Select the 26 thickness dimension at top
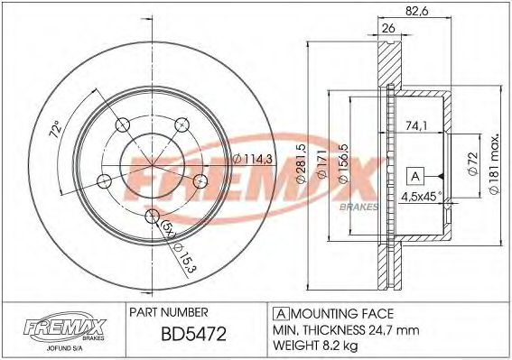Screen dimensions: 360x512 coord(388,29)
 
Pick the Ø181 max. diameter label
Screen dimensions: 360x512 coord(496,172)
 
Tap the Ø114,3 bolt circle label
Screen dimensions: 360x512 coord(247,160)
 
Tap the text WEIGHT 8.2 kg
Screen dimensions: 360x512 coord(316,346)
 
